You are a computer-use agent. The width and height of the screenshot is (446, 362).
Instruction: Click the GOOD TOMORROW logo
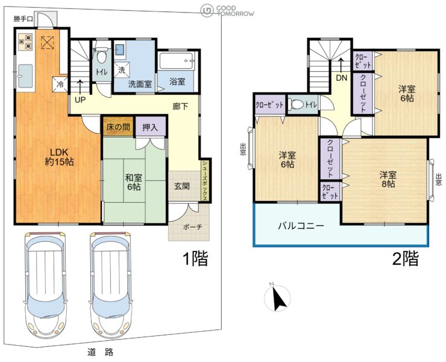227,11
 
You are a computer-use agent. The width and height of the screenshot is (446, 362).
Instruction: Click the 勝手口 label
24,19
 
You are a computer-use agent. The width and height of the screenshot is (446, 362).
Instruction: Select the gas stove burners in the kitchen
25,42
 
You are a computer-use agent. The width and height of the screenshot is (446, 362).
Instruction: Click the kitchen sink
25,76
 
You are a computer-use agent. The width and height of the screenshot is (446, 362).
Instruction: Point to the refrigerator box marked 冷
60,84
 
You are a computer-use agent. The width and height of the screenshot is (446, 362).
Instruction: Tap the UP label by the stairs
80,100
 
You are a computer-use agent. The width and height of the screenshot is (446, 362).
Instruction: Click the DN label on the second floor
341,78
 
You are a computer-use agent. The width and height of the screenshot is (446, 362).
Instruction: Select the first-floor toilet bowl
101,57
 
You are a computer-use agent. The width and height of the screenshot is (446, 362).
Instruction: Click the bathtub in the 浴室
176,61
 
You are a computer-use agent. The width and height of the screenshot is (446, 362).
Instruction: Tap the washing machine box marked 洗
122,70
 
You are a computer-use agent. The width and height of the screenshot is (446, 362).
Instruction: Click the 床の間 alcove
118,127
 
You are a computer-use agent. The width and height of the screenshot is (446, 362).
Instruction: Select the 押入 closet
150,127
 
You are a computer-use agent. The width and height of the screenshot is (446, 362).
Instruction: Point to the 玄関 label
182,186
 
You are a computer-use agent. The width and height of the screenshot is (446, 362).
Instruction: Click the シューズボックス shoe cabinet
205,180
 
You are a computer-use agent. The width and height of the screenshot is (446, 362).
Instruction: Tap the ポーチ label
193,227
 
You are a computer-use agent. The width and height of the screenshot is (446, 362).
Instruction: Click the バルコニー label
301,226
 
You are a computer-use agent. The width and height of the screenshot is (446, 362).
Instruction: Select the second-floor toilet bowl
295,104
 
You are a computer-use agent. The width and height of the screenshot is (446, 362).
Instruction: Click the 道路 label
101,352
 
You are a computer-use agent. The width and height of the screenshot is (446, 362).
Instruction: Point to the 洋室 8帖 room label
388,179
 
